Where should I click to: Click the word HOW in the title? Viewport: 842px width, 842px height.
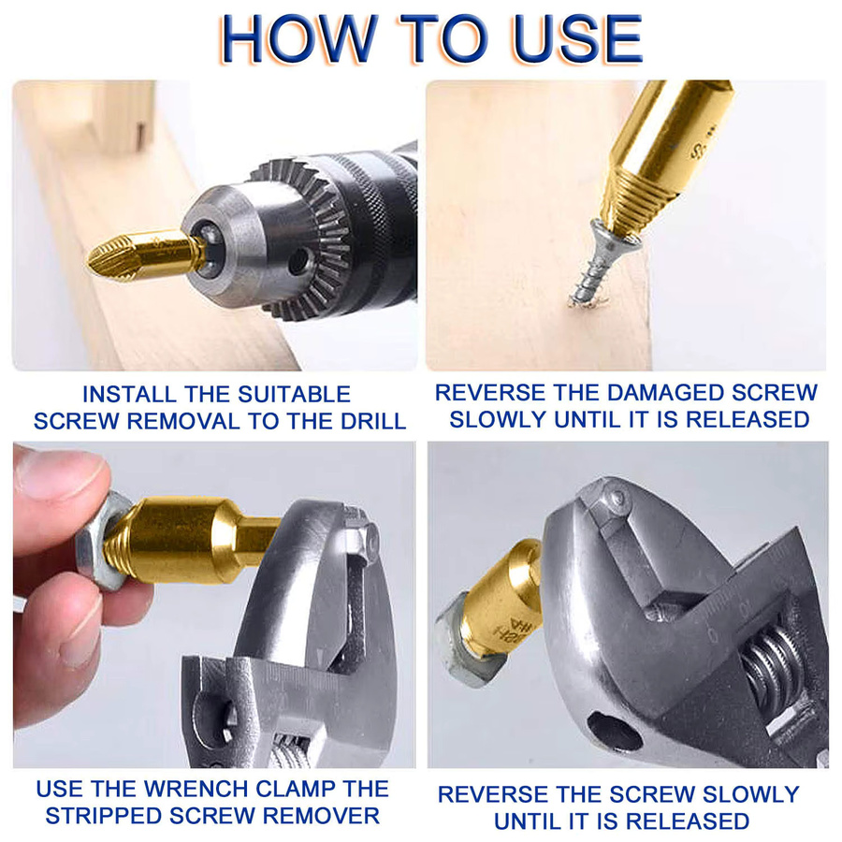click(x=298, y=39)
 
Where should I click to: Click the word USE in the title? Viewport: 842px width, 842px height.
click(x=578, y=39)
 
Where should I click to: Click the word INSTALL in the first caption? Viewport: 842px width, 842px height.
click(x=129, y=395)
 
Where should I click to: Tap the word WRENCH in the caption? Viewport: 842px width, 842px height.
click(x=196, y=789)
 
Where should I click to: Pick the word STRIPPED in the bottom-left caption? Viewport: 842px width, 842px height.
click(x=104, y=816)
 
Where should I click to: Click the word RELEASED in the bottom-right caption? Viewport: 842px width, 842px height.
click(x=688, y=821)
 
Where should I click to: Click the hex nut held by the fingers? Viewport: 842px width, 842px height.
click(x=103, y=542)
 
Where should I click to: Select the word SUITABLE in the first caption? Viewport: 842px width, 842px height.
click(x=295, y=395)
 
